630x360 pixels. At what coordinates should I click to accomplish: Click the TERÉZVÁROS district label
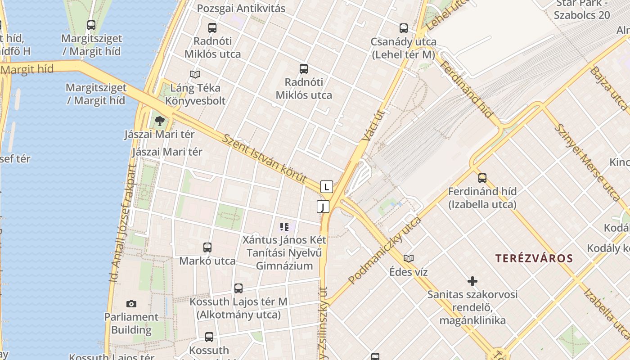pyautogui.click(x=534, y=258)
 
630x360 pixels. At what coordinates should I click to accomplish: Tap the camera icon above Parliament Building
pyautogui.click(x=131, y=304)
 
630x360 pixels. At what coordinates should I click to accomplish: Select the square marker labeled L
pyautogui.click(x=327, y=186)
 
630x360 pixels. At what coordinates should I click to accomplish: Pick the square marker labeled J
pyautogui.click(x=323, y=207)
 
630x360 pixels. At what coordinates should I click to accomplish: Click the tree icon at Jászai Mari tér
pyautogui.click(x=159, y=121)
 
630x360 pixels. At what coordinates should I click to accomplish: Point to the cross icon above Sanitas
pyautogui.click(x=472, y=281)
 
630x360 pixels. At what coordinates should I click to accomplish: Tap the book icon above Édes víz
pyautogui.click(x=409, y=258)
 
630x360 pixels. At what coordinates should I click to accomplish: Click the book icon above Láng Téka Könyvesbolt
pyautogui.click(x=195, y=74)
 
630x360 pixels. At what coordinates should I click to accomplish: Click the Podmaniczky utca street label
pyautogui.click(x=385, y=250)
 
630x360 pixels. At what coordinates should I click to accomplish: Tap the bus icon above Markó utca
pyautogui.click(x=207, y=247)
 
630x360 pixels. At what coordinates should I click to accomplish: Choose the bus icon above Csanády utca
pyautogui.click(x=404, y=28)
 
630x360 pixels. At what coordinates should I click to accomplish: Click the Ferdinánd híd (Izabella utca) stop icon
pyautogui.click(x=482, y=178)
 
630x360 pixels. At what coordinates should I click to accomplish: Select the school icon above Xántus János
pyautogui.click(x=284, y=226)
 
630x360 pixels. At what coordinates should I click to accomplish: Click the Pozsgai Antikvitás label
pyautogui.click(x=241, y=9)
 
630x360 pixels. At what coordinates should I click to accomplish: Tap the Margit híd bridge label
pyautogui.click(x=28, y=69)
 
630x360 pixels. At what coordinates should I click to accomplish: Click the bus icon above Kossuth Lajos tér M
pyautogui.click(x=238, y=288)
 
